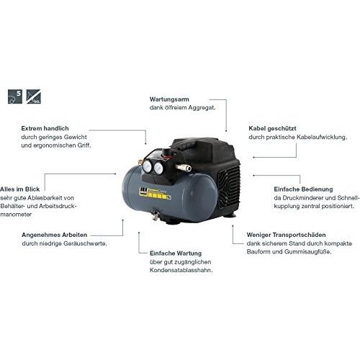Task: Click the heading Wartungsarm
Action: pos(169,99)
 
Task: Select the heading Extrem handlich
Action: pos(45,128)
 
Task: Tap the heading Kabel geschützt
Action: pos(272,129)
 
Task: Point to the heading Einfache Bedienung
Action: pos(303,189)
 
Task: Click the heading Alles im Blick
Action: pos(20,189)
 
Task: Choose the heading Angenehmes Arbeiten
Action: pos(55,235)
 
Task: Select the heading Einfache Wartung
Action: pos(176,253)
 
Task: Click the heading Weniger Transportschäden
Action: pos(286,235)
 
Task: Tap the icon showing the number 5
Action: pos(15,96)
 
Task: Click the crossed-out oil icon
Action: pos(34,96)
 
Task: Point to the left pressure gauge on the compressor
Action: pos(147,166)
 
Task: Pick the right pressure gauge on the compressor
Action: pos(158,168)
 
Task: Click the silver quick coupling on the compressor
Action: pos(184,168)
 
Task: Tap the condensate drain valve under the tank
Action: pos(154,215)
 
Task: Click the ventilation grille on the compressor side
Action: pos(229,186)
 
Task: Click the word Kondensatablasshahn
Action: pos(181,270)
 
